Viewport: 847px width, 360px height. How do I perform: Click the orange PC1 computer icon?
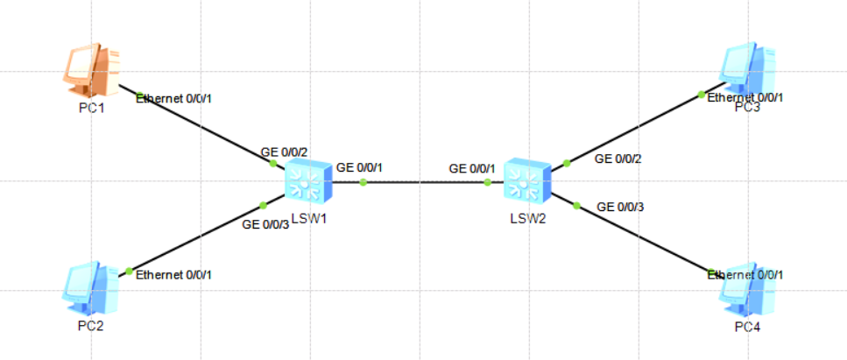point(91,72)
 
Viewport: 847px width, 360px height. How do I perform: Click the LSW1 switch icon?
point(308,182)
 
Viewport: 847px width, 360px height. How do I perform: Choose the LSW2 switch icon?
point(527,183)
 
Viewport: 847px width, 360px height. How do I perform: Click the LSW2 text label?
point(527,217)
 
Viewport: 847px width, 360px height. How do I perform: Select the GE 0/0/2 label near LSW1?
point(284,152)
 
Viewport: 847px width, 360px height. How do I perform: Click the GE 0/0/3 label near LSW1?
point(265,224)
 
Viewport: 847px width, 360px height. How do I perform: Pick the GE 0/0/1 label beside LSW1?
point(360,166)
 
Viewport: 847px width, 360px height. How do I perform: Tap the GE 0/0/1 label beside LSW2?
point(472,168)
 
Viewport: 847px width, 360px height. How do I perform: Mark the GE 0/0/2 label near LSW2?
point(618,159)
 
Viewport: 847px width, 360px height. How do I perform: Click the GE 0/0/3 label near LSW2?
point(620,207)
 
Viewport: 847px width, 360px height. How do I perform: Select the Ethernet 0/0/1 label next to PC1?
point(174,98)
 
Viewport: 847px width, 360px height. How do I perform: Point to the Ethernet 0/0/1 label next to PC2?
point(173,275)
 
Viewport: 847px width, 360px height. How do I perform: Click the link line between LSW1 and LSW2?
point(425,182)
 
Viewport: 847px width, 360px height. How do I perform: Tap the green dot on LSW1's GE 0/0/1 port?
point(363,182)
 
